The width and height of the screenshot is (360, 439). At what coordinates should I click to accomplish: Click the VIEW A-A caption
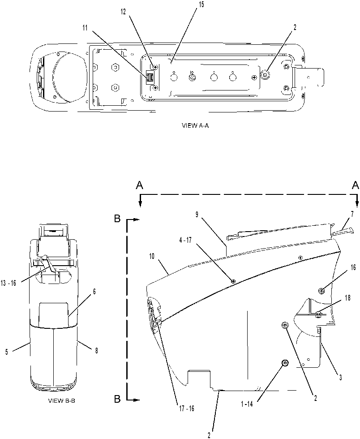coord(195,125)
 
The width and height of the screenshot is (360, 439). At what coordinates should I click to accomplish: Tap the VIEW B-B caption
coord(62,400)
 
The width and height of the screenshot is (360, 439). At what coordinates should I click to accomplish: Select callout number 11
coord(85,28)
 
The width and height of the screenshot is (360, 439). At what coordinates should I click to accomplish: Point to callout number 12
coord(124,12)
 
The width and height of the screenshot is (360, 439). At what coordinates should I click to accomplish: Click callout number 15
coord(201,5)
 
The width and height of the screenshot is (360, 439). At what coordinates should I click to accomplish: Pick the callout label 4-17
coord(186,240)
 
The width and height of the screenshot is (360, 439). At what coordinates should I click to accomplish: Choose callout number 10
coord(151,256)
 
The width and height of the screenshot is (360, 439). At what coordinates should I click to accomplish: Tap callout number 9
coord(197,215)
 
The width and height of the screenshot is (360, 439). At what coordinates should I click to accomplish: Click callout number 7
coord(352,214)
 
